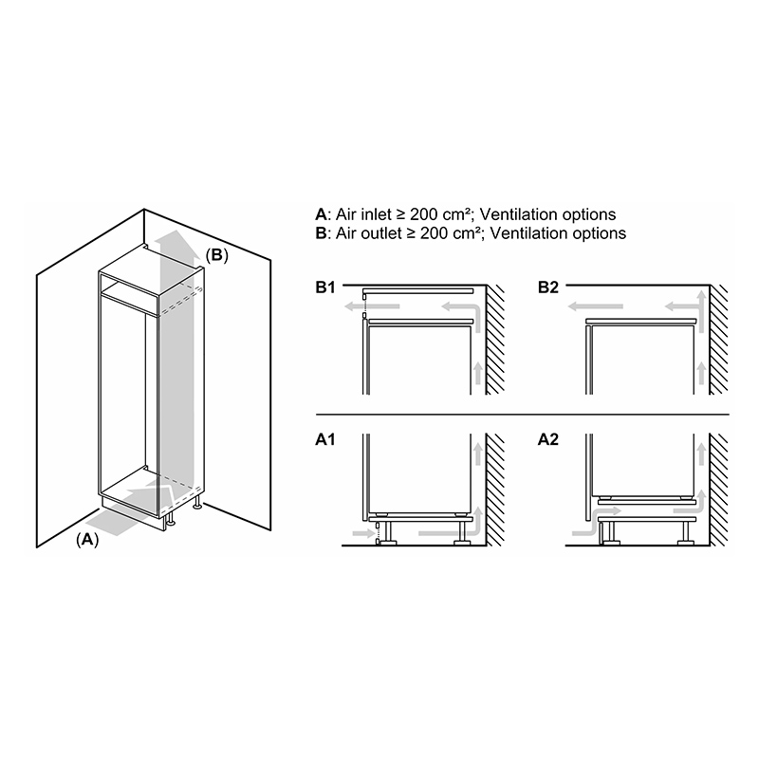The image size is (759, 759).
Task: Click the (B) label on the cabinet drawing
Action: point(217,255)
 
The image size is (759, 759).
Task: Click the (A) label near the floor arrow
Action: point(87,539)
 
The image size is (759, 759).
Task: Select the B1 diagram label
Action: point(325,287)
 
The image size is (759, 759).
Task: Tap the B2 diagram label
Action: point(548,287)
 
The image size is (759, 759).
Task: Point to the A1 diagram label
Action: point(325,439)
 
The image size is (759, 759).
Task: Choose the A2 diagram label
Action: point(548,439)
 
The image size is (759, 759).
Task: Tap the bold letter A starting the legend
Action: point(321,214)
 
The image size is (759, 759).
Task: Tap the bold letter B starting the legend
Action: point(321,233)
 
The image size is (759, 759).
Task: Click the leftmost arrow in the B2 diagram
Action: point(595,306)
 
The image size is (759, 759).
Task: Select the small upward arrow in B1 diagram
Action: point(478,373)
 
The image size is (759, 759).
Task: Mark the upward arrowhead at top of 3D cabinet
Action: point(179,241)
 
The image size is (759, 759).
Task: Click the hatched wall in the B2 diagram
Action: point(718,340)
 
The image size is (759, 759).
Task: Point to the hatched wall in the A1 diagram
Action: point(494,490)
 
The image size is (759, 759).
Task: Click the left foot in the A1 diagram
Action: point(387,534)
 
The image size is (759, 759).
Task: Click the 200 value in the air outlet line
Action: point(435,233)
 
